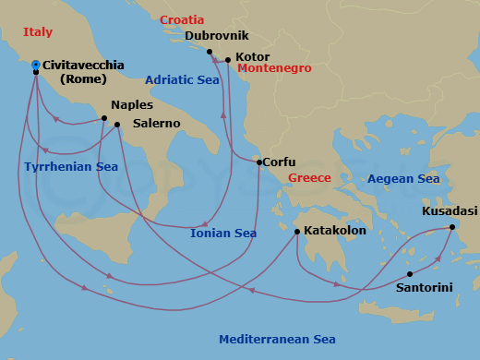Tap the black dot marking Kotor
[x=227, y=60]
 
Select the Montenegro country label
[x=276, y=68]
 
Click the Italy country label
[x=38, y=32]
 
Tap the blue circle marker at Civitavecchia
[x=35, y=65]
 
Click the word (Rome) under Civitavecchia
[x=84, y=78]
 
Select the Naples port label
[x=131, y=105]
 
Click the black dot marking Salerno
[x=117, y=124]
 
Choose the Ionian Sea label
[x=222, y=233]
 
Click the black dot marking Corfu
[x=258, y=162]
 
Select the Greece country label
[x=309, y=177]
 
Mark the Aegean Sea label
[x=402, y=178]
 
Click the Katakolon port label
[x=335, y=232]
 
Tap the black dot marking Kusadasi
[x=451, y=226]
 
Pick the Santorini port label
[x=424, y=287]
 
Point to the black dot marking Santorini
[x=409, y=273]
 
